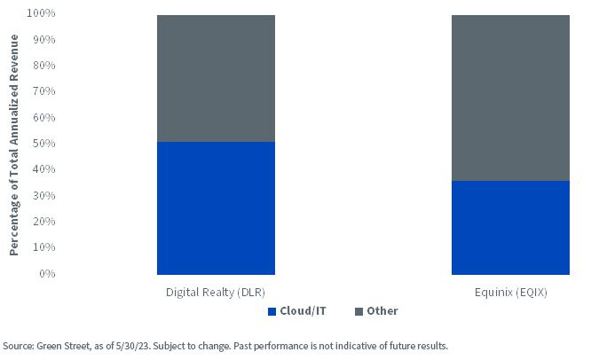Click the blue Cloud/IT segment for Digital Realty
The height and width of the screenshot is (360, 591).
click(216, 208)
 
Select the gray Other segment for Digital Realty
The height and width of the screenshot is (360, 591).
click(216, 79)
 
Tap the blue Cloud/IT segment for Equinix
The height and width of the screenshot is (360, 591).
click(511, 228)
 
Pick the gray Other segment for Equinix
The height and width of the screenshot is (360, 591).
click(511, 98)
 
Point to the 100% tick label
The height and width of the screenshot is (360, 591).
click(41, 13)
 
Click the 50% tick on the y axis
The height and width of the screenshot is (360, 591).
click(44, 144)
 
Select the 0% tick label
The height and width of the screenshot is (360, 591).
click(47, 274)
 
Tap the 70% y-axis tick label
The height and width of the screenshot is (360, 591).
click(44, 91)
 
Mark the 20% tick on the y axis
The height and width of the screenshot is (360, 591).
click(44, 222)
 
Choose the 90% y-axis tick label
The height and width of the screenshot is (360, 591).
click(44, 40)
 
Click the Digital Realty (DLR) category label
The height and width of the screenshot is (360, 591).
click(216, 293)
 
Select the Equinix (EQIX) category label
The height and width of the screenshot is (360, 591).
click(511, 293)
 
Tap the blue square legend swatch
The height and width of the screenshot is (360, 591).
click(272, 312)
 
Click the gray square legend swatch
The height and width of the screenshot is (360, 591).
click(359, 312)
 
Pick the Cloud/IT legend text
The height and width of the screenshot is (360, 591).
click(303, 311)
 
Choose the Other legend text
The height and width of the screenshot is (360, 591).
click(382, 311)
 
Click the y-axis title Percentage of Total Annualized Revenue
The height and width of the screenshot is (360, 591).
click(14, 145)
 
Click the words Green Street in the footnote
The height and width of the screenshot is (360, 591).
click(63, 346)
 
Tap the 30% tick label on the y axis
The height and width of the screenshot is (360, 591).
click(44, 196)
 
